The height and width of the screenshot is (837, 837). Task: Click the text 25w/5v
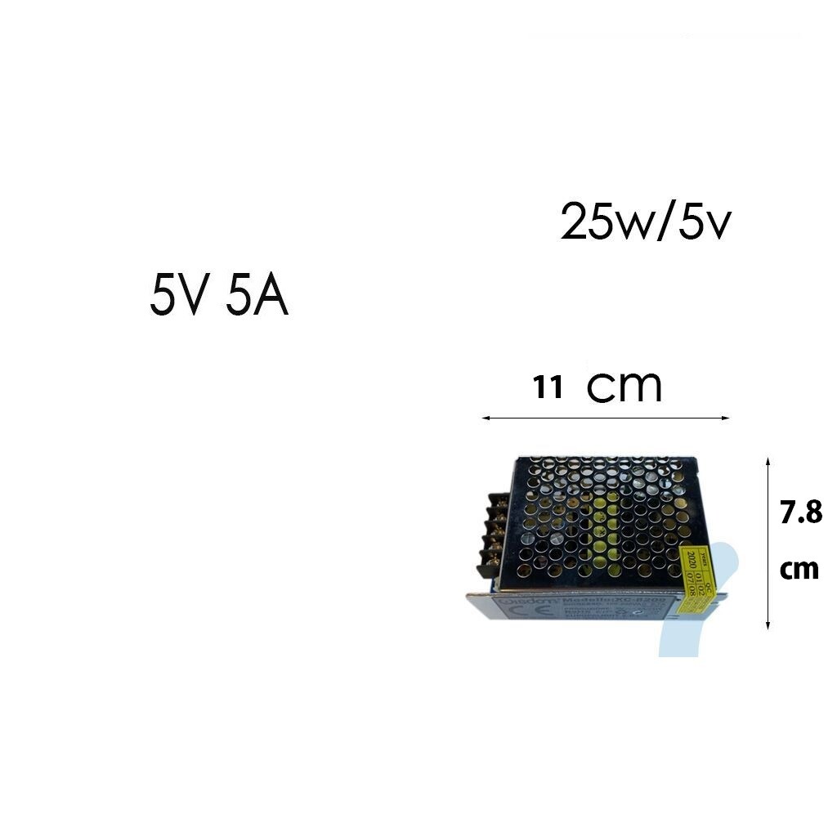(x=645, y=222)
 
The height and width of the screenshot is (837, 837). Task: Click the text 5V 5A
(x=219, y=298)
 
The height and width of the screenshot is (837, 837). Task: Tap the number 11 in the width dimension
(x=548, y=387)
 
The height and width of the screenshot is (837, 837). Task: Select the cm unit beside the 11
(x=624, y=387)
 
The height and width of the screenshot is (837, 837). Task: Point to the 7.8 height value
(x=800, y=513)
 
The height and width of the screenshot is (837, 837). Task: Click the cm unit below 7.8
(x=799, y=569)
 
